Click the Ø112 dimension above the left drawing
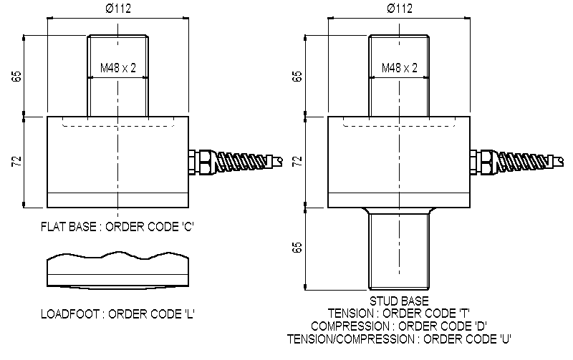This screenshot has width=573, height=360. tap(118, 9)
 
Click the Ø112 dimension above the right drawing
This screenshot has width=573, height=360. tap(399, 9)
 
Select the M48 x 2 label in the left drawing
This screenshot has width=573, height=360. tap(118, 68)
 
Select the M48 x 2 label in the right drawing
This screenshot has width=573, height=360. tap(399, 68)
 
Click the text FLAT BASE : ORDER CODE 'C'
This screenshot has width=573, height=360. tap(118, 227)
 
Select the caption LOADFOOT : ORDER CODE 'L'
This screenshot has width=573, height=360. tap(118, 313)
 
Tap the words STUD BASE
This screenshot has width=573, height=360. tap(399, 301)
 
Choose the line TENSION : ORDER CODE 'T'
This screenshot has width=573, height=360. tap(399, 313)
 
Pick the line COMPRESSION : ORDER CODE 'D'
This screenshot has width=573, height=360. tap(399, 325)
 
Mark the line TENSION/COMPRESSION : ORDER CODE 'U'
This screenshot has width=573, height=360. tap(399, 337)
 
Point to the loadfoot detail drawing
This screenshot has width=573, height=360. tap(118, 270)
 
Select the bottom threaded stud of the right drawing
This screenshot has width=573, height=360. tap(399, 250)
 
